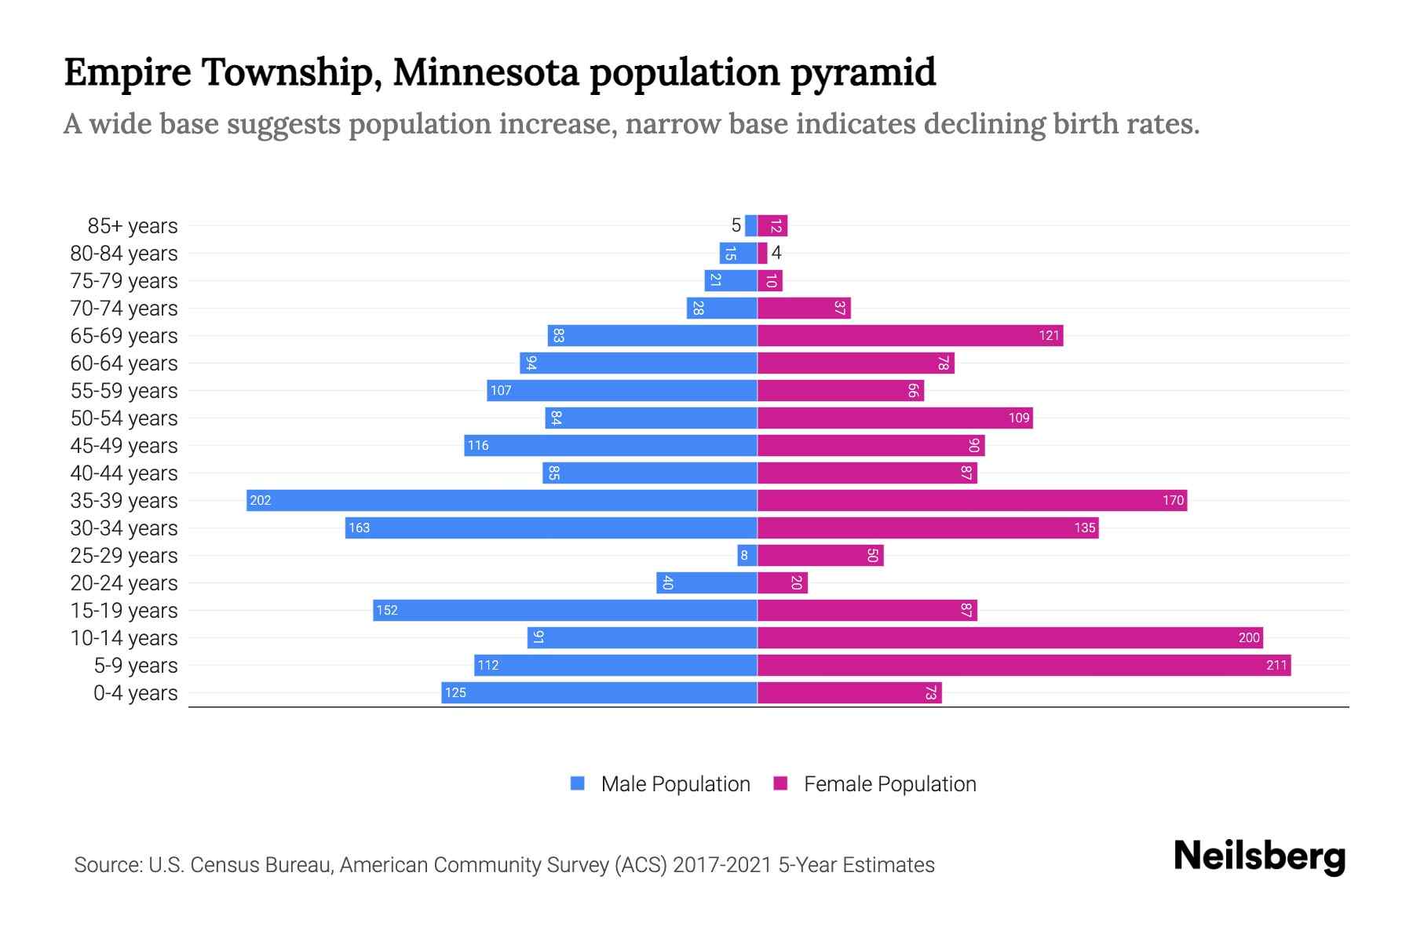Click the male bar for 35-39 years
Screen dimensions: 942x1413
pyautogui.click(x=502, y=500)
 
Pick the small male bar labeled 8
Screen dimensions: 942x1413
pyautogui.click(x=747, y=556)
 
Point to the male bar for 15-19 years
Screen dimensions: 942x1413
pyautogui.click(x=565, y=611)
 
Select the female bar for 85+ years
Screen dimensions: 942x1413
pyautogui.click(x=772, y=226)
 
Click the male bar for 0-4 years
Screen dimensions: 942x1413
pyautogui.click(x=599, y=693)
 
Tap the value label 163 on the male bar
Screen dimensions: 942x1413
pyautogui.click(x=359, y=528)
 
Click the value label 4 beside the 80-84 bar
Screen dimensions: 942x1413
pyautogui.click(x=776, y=253)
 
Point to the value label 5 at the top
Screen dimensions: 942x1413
pyautogui.click(x=736, y=226)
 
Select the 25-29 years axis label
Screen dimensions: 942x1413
pyautogui.click(x=124, y=556)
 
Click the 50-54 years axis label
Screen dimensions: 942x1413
pyautogui.click(x=124, y=418)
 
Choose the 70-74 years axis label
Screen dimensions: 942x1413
pyautogui.click(x=124, y=309)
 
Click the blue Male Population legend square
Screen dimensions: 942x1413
pyautogui.click(x=578, y=783)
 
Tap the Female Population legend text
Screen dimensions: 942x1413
pyautogui.click(x=889, y=784)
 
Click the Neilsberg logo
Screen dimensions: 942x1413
pyautogui.click(x=1259, y=856)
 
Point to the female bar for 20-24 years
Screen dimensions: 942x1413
pyautogui.click(x=782, y=583)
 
